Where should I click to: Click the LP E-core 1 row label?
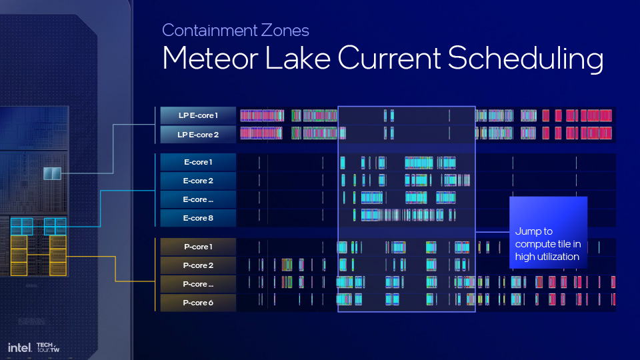(x=198, y=115)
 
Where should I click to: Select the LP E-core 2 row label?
(x=198, y=134)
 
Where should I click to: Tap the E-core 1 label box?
(x=198, y=162)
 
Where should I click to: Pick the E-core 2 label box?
(x=198, y=181)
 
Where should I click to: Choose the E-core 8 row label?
(x=198, y=218)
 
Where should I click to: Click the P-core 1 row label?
(x=198, y=247)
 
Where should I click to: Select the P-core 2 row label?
(x=198, y=265)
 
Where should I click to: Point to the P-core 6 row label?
(x=198, y=303)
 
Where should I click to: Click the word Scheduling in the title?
(x=525, y=59)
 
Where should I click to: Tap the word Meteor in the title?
(x=210, y=58)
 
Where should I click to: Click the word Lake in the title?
(x=297, y=58)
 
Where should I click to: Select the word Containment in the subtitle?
(x=210, y=30)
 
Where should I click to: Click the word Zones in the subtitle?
(x=285, y=30)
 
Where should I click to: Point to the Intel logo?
(x=19, y=348)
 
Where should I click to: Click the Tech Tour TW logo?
(x=48, y=347)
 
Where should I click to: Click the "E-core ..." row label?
(x=198, y=199)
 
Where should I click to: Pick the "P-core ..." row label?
(x=198, y=284)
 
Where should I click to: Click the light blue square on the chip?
(x=52, y=173)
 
